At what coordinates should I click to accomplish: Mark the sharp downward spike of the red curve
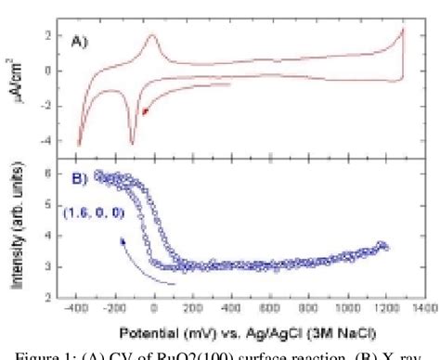133,142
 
